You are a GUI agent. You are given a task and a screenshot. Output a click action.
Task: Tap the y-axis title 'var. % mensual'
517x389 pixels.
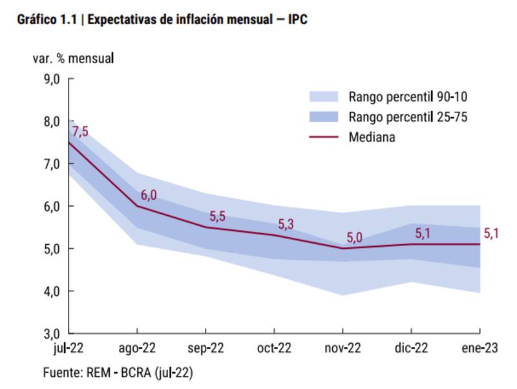73,58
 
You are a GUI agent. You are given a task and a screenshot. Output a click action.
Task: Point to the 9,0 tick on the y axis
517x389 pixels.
51,79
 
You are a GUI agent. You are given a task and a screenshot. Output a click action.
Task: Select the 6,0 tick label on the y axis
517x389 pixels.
51,207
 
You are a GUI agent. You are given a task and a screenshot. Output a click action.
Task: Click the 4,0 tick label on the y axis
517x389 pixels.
51,291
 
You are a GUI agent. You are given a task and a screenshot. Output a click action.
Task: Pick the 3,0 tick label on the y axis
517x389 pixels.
51,334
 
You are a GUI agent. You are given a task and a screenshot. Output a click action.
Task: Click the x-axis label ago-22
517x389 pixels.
137,348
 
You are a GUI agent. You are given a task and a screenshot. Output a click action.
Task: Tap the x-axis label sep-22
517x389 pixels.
206,348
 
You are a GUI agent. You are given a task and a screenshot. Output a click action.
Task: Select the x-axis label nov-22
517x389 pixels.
343,348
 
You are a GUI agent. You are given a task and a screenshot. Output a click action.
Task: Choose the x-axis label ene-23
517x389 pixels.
478,348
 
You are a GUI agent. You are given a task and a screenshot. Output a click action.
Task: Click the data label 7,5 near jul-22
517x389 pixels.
80,132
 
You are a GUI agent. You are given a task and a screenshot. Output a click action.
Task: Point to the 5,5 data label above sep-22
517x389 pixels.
217,216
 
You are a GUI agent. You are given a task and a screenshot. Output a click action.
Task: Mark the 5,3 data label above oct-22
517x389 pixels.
286,224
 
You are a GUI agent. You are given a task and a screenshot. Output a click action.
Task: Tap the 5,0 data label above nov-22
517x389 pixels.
354,238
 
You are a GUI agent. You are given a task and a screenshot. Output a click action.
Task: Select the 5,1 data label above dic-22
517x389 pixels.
423,233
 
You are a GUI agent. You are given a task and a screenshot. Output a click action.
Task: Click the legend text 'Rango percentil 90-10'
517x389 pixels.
407,97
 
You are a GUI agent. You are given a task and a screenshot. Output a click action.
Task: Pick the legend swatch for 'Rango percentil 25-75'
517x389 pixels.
323,117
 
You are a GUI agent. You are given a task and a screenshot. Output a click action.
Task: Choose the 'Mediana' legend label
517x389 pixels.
372,137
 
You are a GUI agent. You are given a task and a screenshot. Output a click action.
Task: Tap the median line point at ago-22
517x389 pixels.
137,206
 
